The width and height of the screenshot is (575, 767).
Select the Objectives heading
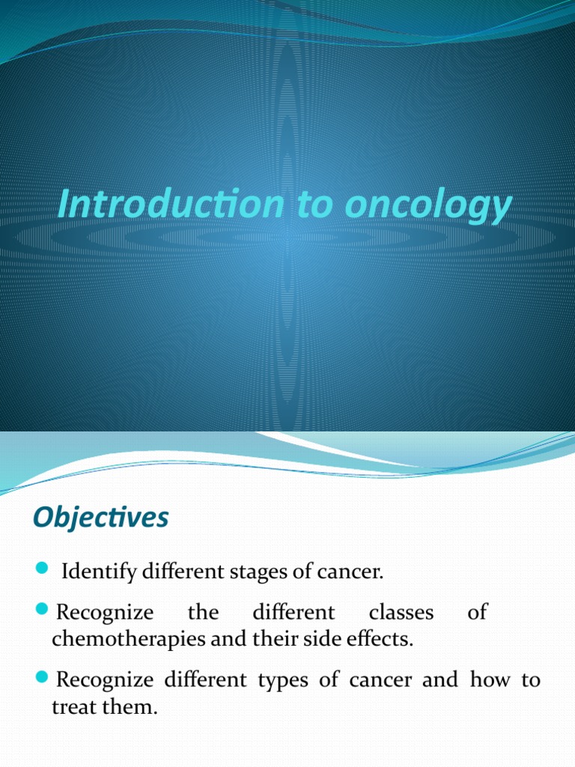click(x=102, y=518)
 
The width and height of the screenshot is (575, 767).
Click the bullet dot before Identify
click(x=41, y=572)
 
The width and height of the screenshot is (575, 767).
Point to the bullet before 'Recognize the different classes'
click(x=41, y=612)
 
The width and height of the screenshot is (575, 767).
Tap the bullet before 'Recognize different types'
click(x=41, y=679)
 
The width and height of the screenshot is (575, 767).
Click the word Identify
click(x=96, y=573)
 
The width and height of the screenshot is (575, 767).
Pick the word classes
click(x=401, y=613)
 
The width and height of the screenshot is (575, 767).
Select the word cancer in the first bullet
click(x=353, y=573)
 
